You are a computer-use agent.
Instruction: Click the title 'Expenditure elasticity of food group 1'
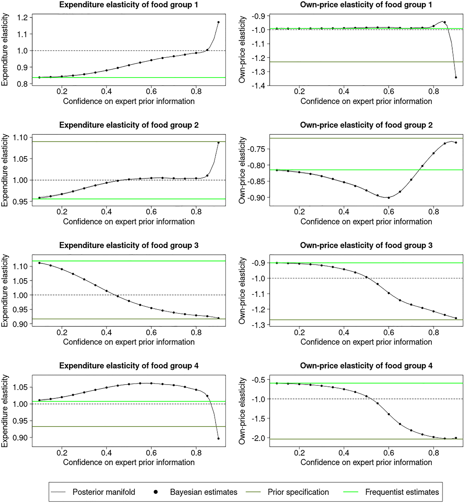pyautogui.click(x=129, y=5)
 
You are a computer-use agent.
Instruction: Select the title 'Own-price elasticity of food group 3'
pyautogui.click(x=366, y=245)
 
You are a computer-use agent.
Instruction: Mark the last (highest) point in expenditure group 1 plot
pyautogui.click(x=218, y=22)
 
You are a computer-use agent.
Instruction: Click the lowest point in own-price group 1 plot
pyautogui.click(x=456, y=77)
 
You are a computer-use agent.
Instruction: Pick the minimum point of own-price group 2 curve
pyautogui.click(x=389, y=198)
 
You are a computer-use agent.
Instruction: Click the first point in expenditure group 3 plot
pyautogui.click(x=40, y=263)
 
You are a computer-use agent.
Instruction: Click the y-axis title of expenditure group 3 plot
pyautogui.click(x=5, y=290)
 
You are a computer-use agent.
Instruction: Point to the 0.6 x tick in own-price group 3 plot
pyautogui.click(x=389, y=332)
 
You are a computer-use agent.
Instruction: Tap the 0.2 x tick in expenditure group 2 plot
pyautogui.click(x=62, y=212)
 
